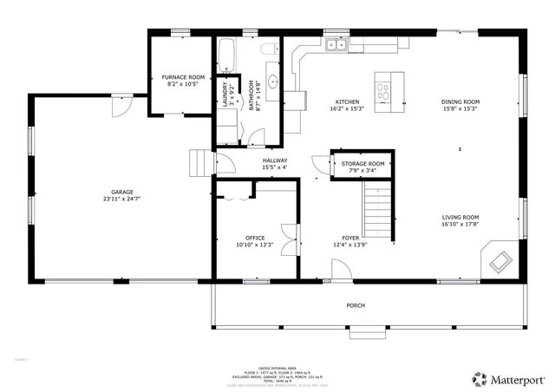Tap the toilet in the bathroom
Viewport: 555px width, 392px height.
click(269, 49)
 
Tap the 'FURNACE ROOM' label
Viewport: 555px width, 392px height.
click(183, 77)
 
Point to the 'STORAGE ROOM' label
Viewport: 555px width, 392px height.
click(362, 163)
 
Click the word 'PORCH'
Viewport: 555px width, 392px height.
click(356, 305)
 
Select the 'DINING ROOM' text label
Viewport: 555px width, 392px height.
click(460, 101)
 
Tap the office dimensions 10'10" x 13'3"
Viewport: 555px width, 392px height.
click(254, 245)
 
